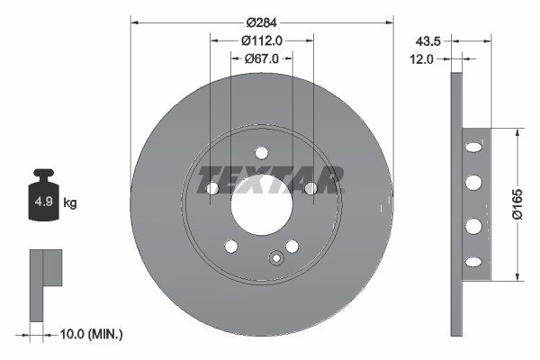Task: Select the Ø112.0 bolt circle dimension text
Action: (263, 40)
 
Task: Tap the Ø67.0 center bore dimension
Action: (263, 58)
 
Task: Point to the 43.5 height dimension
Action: (427, 40)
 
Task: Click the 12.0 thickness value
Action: (424, 58)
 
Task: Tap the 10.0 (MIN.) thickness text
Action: (90, 334)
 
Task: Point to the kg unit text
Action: (70, 203)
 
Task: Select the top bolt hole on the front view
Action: (262, 152)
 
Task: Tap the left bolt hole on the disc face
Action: (212, 188)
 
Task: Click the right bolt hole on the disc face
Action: (310, 188)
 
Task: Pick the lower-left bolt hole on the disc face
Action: (231, 246)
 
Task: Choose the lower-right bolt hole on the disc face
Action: (292, 246)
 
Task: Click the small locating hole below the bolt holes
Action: (276, 260)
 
